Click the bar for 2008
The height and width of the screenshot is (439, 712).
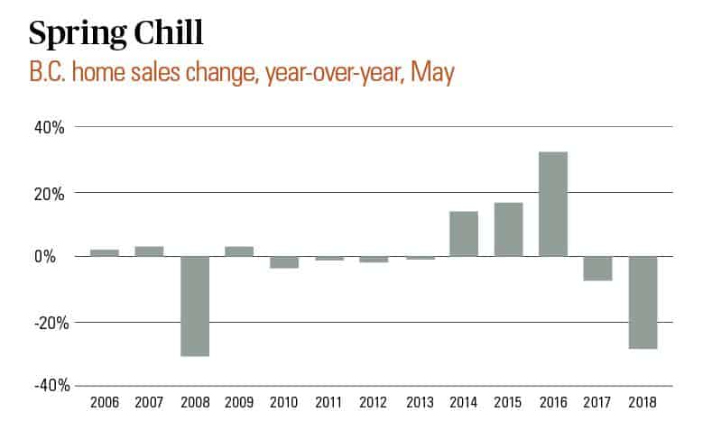tap(194, 306)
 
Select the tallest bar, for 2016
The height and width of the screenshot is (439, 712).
tap(553, 204)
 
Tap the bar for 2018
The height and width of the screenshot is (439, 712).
tap(643, 303)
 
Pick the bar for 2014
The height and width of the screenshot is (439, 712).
tap(464, 233)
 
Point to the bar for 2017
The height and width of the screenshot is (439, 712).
tap(598, 269)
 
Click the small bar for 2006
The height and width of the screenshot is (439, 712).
tap(105, 252)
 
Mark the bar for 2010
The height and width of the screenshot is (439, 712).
tap(284, 262)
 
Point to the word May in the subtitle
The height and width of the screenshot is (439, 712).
tap(431, 73)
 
